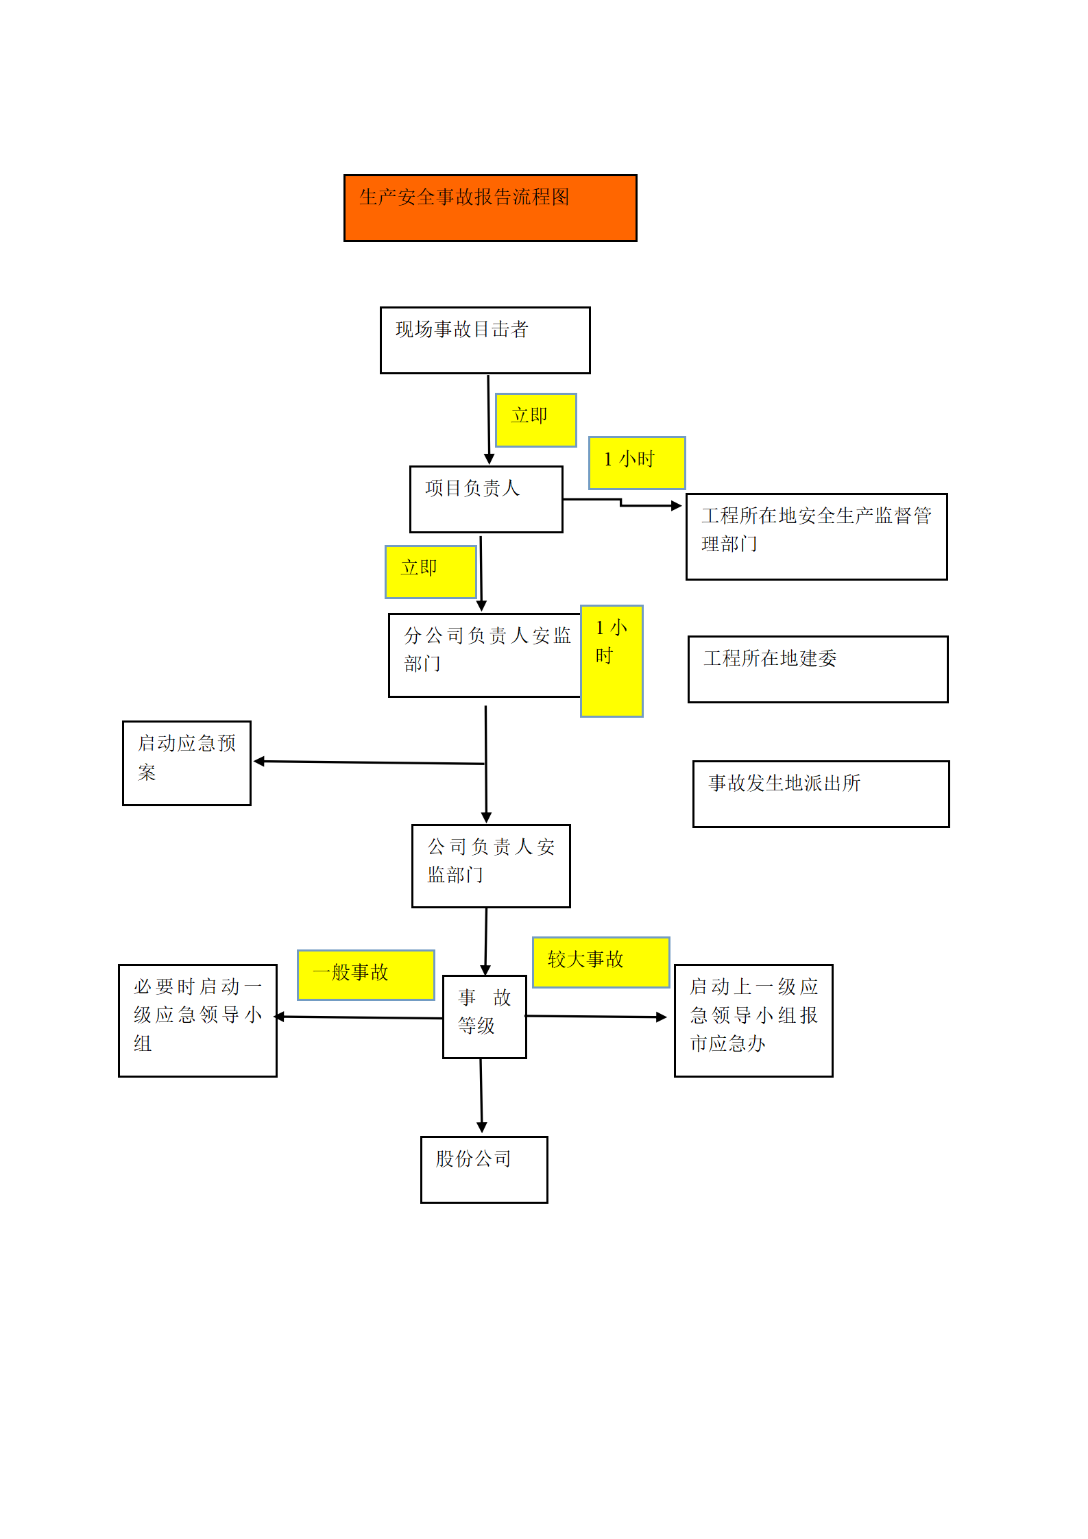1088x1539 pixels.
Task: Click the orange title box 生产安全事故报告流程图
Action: pyautogui.click(x=490, y=208)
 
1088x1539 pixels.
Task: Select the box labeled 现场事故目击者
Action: pyautogui.click(x=485, y=340)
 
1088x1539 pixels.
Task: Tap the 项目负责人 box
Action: pyautogui.click(x=486, y=499)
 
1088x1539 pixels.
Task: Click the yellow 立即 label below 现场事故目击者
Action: pyautogui.click(x=536, y=420)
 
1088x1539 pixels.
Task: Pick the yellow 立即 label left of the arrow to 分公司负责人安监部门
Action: pyautogui.click(x=431, y=572)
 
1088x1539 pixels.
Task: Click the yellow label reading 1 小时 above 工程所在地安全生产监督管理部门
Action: pyautogui.click(x=637, y=463)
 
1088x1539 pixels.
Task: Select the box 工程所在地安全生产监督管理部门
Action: pyautogui.click(x=817, y=537)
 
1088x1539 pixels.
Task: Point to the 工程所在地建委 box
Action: pyautogui.click(x=818, y=669)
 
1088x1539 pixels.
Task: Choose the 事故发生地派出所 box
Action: pyautogui.click(x=821, y=794)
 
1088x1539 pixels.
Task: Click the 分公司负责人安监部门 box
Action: pyautogui.click(x=485, y=655)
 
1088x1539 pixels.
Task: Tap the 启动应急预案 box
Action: pyautogui.click(x=186, y=763)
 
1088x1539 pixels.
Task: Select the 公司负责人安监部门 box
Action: pyautogui.click(x=491, y=866)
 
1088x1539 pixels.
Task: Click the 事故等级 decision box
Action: pyautogui.click(x=485, y=1017)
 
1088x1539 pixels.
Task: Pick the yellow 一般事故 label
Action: pyautogui.click(x=366, y=975)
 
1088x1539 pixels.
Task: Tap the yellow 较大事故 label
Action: pyautogui.click(x=601, y=962)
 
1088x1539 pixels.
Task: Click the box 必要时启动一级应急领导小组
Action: pyautogui.click(x=197, y=1021)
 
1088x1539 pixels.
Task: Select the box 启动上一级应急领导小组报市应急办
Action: pyautogui.click(x=753, y=1021)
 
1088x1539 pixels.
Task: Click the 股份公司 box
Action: pyautogui.click(x=484, y=1170)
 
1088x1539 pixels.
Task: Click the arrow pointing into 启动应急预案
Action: pyautogui.click(x=370, y=762)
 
